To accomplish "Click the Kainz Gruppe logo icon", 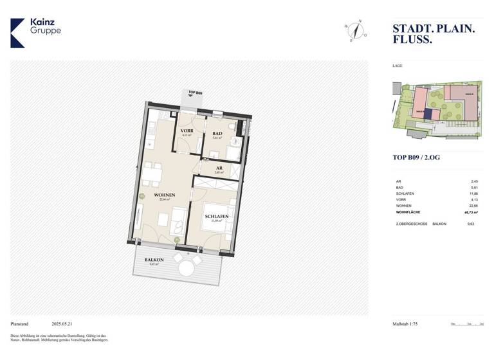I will (17, 33).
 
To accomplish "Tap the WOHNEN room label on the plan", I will (165, 195).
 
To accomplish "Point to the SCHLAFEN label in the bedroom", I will (217, 217).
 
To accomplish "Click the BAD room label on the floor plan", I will (217, 134).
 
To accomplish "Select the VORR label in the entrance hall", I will (187, 130).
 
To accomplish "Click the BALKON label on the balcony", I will (154, 260).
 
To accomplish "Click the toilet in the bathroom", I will (235, 140).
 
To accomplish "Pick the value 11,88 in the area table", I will (473, 193).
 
